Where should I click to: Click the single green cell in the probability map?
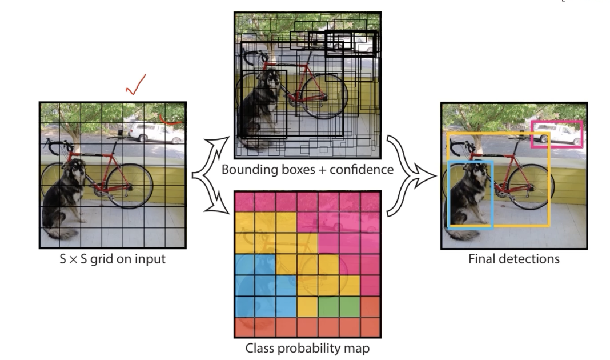tap(328, 307)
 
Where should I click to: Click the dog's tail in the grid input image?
tap(66, 233)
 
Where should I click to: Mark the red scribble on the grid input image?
tap(171, 119)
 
